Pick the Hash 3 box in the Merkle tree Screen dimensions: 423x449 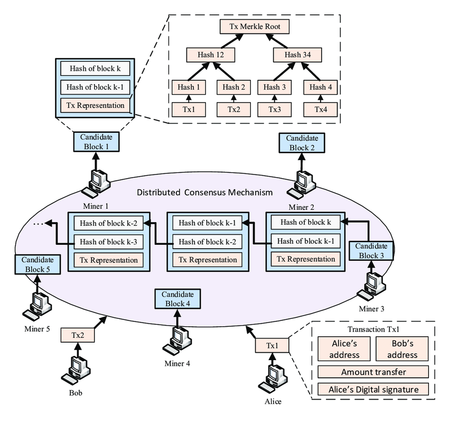coord(274,87)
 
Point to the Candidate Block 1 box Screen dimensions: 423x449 coord(96,141)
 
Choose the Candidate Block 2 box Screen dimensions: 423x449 coord(301,142)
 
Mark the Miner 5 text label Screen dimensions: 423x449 coord(37,329)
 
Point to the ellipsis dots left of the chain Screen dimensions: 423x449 coord(38,224)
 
